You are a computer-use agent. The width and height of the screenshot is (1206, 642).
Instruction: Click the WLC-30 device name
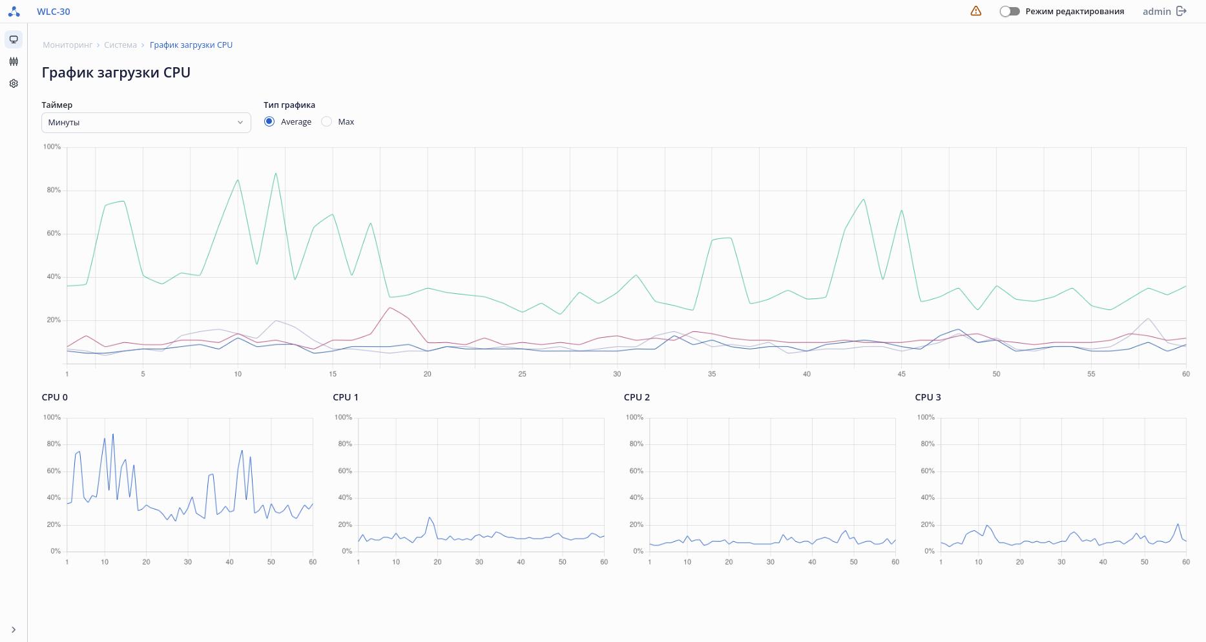tap(53, 12)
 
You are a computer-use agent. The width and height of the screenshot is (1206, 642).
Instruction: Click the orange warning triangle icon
tap(975, 11)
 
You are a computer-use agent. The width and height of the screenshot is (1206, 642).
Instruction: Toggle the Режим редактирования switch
tap(1009, 11)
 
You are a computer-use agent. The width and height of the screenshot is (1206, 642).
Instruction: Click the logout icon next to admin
tap(1181, 11)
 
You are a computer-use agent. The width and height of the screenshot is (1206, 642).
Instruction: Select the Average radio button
tap(269, 121)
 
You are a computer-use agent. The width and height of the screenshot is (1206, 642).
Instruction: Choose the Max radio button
tap(327, 121)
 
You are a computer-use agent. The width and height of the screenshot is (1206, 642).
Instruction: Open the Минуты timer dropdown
tap(146, 123)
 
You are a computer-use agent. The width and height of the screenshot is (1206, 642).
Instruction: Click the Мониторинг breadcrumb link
tap(68, 45)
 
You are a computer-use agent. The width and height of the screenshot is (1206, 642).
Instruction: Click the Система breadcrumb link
tap(120, 45)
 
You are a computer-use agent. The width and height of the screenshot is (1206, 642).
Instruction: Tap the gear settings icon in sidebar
tap(14, 83)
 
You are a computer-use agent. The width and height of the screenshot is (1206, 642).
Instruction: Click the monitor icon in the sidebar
tap(14, 39)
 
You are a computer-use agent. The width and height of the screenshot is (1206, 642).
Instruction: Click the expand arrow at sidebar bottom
tap(14, 630)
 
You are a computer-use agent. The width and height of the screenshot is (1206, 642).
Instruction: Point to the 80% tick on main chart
tap(54, 191)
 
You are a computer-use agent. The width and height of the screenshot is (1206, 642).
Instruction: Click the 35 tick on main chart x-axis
tap(712, 374)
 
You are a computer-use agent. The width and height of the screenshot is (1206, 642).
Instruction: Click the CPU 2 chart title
tap(636, 397)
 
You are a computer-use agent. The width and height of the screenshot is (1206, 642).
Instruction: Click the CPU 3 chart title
tap(928, 397)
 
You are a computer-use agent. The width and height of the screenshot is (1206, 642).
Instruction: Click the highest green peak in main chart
tap(276, 173)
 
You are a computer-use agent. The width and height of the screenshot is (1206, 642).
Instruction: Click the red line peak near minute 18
tap(390, 307)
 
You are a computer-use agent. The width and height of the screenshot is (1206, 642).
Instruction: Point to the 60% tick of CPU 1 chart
tap(345, 471)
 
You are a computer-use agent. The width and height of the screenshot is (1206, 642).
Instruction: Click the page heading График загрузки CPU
tap(116, 72)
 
